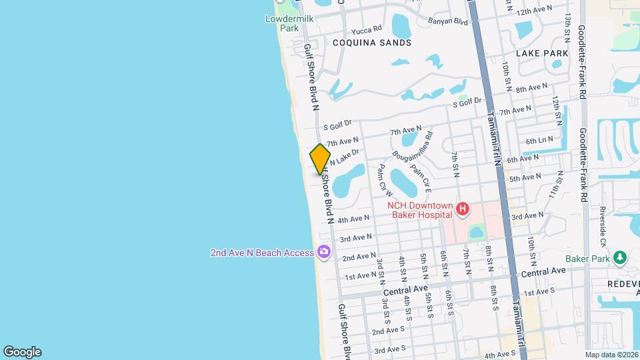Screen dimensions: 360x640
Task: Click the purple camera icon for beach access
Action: pos(324,252)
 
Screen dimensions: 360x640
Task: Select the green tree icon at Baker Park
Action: pos(620,258)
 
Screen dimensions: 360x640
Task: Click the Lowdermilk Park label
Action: pos(289,23)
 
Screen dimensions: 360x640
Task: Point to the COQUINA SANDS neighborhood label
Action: pos(372,42)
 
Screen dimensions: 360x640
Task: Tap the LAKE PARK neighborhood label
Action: pos(542,53)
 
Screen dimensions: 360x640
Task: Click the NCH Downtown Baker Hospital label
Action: pos(421,210)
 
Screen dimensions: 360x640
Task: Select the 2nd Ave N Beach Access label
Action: pos(261,253)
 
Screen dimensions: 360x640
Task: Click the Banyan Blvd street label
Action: pos(452,21)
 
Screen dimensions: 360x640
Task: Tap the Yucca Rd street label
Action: pos(367,29)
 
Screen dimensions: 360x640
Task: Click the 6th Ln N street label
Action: pos(539,141)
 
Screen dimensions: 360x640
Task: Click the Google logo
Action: pos(23,352)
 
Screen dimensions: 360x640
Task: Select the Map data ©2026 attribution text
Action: pos(611,355)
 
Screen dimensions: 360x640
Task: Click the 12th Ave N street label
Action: pos(535,10)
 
